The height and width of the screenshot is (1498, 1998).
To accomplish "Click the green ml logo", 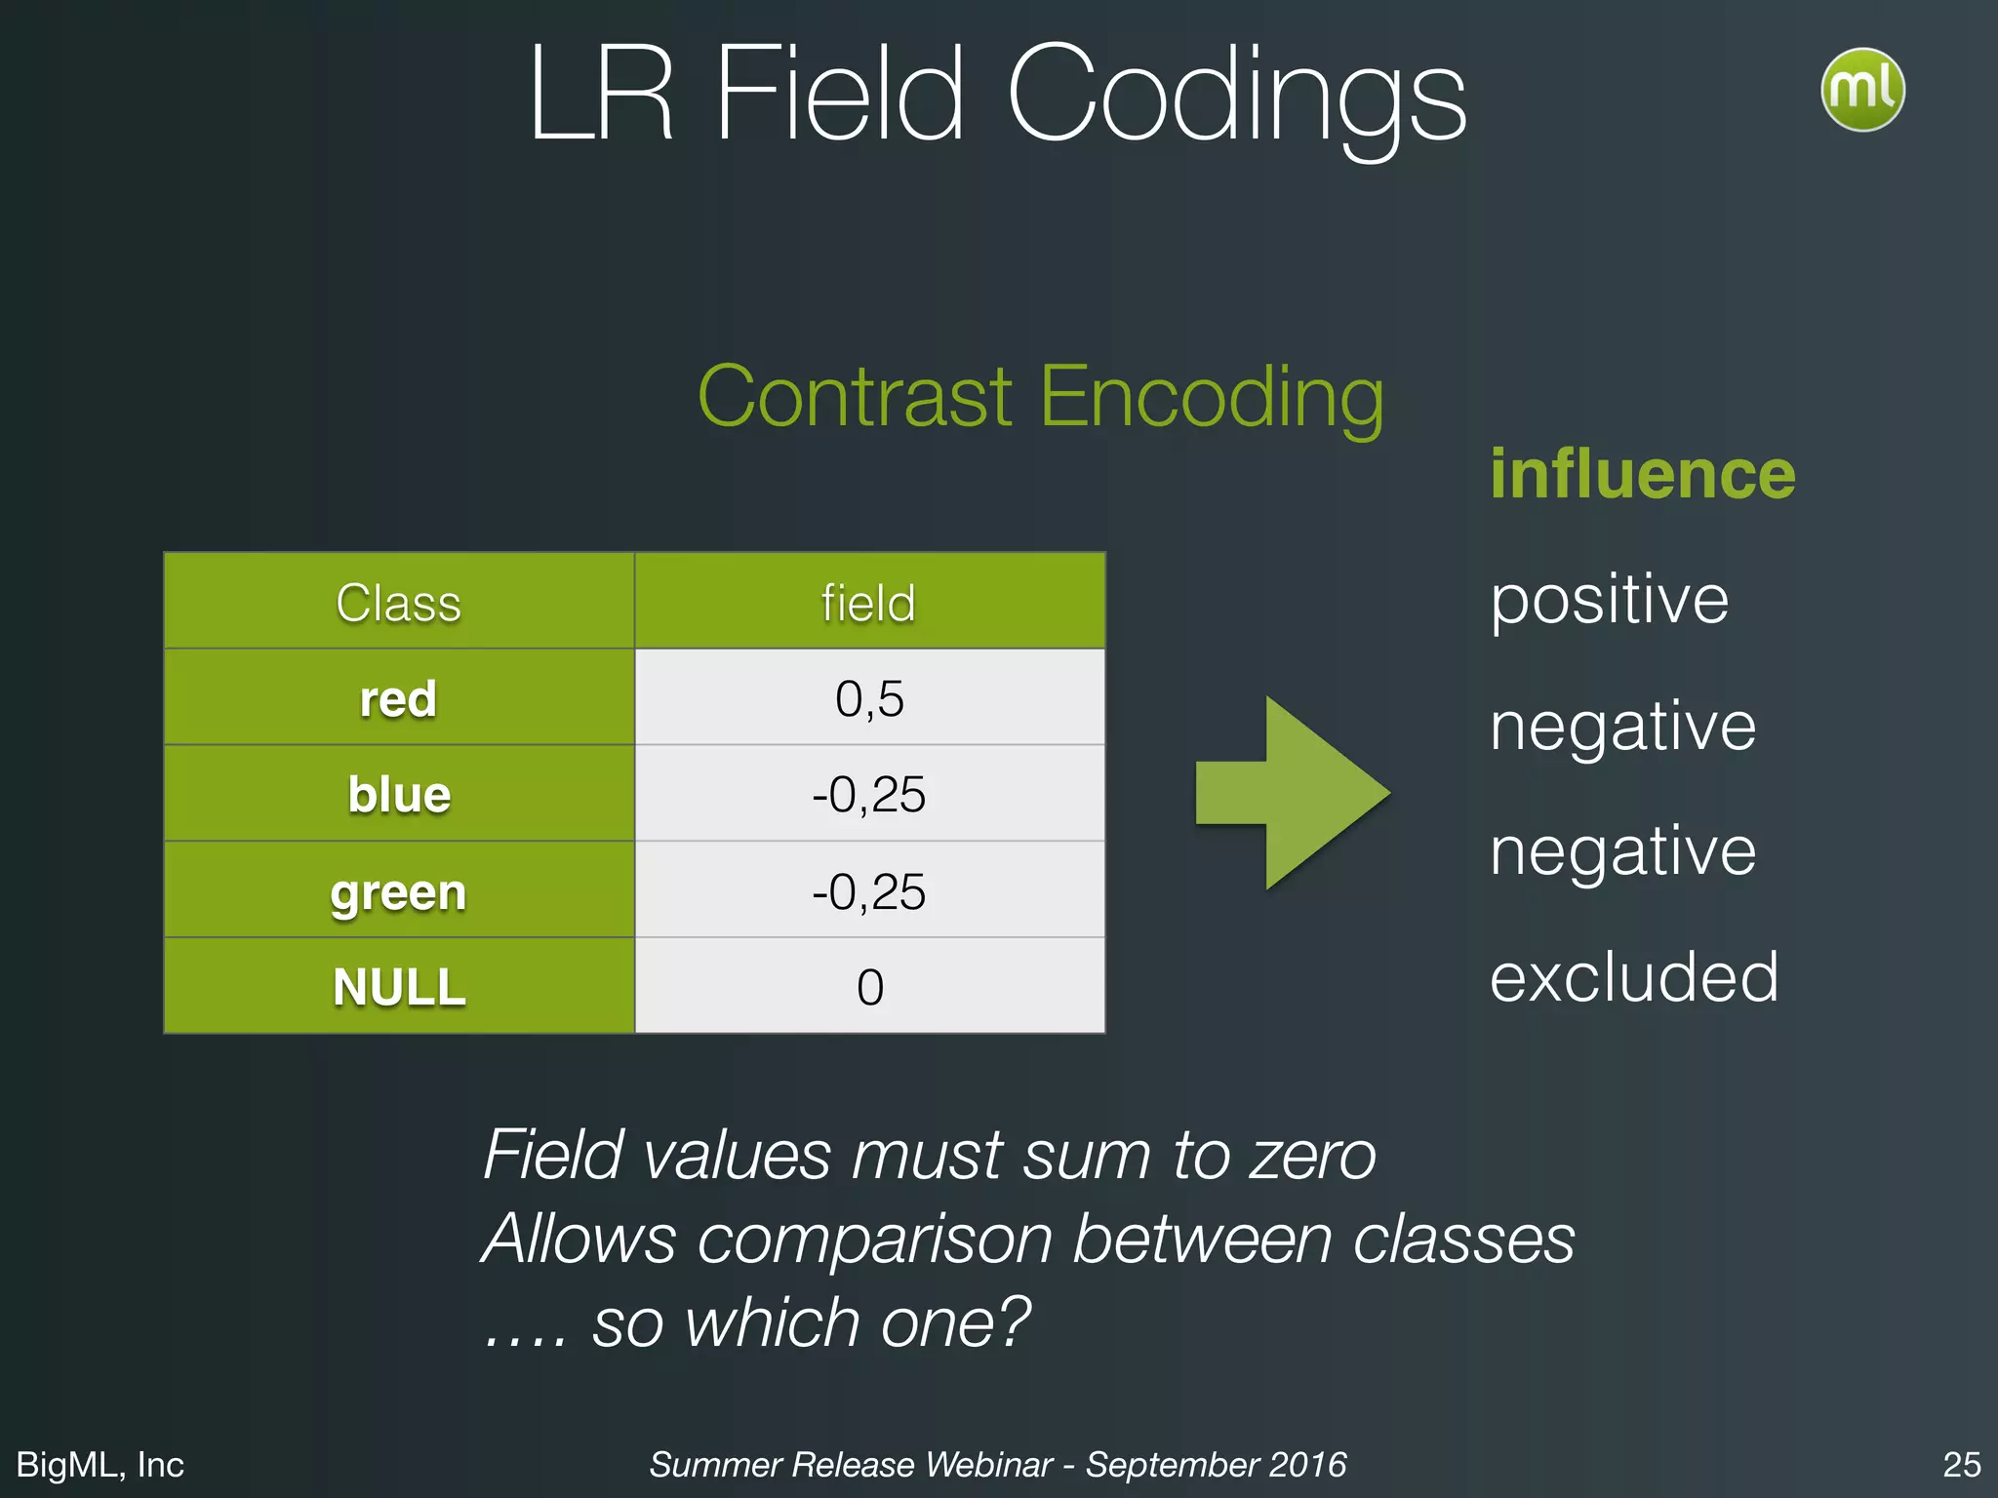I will (x=1861, y=90).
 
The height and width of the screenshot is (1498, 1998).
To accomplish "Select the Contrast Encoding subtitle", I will (x=1040, y=397).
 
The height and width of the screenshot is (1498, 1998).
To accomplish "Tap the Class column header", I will (x=398, y=602).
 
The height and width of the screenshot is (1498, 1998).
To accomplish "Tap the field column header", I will (x=868, y=602).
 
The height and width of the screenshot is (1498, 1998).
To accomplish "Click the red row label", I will (x=398, y=698).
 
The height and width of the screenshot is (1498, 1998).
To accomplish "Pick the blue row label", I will (x=398, y=794).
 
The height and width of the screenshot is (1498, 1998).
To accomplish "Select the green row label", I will (x=398, y=891).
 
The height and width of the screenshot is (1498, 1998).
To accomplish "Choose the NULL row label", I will (x=398, y=986).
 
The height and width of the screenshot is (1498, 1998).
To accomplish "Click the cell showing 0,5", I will (x=868, y=698).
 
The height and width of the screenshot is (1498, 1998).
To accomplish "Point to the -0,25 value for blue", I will (x=868, y=794).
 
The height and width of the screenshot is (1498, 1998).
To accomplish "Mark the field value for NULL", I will (x=868, y=986).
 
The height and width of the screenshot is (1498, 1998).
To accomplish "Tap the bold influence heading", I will (x=1642, y=474).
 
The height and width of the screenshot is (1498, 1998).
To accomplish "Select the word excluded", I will (x=1634, y=976).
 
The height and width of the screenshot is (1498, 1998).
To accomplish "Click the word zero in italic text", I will (x=1313, y=1155).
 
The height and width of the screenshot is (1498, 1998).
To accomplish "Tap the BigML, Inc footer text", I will (x=100, y=1464).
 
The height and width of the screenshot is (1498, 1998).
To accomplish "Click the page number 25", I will (x=1961, y=1464).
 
